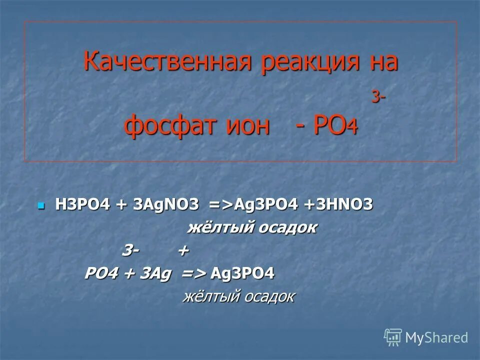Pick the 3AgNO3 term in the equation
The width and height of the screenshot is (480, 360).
(165, 205)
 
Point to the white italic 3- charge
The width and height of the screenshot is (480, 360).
(131, 251)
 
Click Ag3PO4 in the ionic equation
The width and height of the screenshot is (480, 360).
(243, 274)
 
